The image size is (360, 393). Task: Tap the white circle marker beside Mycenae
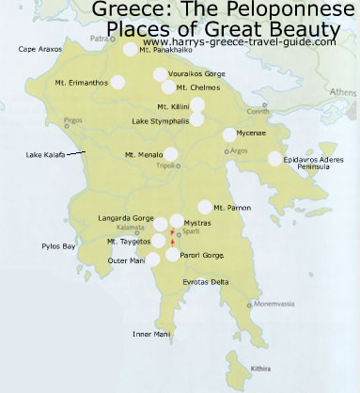(229, 135)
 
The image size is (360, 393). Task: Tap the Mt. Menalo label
(143, 154)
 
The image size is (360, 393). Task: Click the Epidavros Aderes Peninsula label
(318, 165)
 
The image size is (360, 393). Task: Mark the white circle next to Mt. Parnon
(205, 207)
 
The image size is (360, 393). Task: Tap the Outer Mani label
(120, 260)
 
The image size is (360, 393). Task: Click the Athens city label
(342, 93)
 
